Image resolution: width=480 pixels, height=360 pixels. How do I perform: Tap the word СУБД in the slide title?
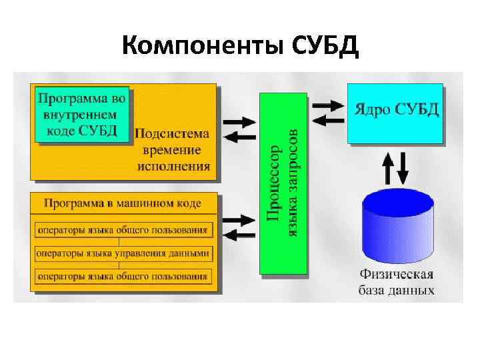pos(325,47)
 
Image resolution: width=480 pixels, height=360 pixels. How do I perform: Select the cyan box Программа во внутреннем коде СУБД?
pos(81,114)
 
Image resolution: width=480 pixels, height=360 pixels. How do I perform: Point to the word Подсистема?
pos(172,133)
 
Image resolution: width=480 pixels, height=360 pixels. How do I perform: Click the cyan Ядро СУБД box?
pos(395,113)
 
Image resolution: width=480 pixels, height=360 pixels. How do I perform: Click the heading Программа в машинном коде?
pos(125,203)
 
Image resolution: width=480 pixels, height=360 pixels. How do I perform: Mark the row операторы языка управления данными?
pos(123,253)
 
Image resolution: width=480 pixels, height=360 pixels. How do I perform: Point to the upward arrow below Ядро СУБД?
pos(387,168)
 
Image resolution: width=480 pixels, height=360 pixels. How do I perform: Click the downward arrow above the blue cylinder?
pos(403,168)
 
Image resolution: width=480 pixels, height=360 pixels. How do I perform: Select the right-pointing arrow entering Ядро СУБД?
pos(327,105)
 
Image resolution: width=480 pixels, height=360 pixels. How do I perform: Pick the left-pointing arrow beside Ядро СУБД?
pos(327,121)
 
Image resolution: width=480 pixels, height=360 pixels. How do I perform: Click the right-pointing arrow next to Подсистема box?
pos(239,122)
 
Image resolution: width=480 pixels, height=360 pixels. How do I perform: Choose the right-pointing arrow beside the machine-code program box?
pos(239,219)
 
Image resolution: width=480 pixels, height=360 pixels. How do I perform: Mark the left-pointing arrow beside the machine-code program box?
pos(239,235)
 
